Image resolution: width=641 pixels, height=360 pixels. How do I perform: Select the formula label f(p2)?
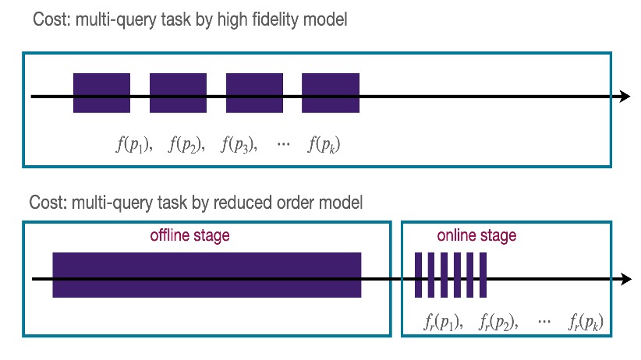pyautogui.click(x=186, y=144)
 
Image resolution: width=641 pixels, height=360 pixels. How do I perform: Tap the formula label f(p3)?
pyautogui.click(x=239, y=144)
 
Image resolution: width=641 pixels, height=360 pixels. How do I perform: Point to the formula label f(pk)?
pyautogui.click(x=324, y=144)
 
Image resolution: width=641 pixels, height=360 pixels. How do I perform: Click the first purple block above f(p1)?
pyautogui.click(x=101, y=93)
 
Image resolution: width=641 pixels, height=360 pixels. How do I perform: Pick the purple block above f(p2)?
pyautogui.click(x=178, y=93)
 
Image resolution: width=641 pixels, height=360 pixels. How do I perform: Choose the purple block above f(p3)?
pyautogui.click(x=254, y=93)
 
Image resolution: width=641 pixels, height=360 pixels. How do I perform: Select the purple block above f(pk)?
pyautogui.click(x=331, y=93)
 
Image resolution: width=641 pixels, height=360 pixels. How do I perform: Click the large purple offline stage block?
pyautogui.click(x=207, y=274)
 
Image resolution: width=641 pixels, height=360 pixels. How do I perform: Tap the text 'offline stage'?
pyautogui.click(x=190, y=236)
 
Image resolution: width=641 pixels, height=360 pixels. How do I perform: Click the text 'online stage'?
pyautogui.click(x=476, y=235)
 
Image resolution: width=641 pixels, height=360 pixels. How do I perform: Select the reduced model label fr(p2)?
pyautogui.click(x=497, y=321)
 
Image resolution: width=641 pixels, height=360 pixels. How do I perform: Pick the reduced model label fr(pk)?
pyautogui.click(x=586, y=321)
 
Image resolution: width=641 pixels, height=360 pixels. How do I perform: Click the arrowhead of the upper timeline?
pyautogui.click(x=625, y=97)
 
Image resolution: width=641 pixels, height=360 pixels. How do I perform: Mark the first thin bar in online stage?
pyautogui.click(x=418, y=274)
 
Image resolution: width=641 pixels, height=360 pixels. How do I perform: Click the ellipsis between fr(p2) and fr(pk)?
pyautogui.click(x=544, y=321)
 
